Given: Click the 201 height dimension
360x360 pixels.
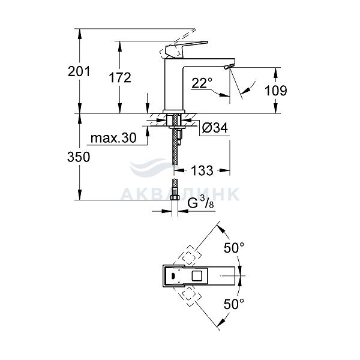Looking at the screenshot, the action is (x=79, y=71).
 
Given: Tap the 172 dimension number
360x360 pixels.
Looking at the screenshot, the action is (x=120, y=77).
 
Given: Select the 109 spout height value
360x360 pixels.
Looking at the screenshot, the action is (x=276, y=90).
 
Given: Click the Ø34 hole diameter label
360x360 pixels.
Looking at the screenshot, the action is (x=215, y=128).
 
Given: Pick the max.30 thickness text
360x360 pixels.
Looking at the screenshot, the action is (x=113, y=138).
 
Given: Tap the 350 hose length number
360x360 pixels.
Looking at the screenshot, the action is (x=79, y=157).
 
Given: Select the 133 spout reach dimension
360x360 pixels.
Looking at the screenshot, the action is (x=202, y=170).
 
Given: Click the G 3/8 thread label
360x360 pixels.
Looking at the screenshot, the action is (x=200, y=203).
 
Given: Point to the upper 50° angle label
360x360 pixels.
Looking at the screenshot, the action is (x=234, y=248).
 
